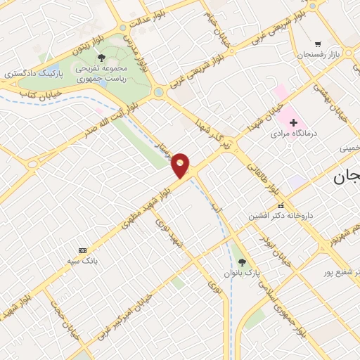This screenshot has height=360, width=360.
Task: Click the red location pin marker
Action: [181, 165]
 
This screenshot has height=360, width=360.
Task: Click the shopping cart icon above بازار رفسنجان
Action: [318, 44]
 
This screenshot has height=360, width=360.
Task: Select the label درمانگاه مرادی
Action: [295, 133]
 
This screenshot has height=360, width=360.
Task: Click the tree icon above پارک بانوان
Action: [243, 262]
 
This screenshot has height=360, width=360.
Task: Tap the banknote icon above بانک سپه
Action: [84, 250]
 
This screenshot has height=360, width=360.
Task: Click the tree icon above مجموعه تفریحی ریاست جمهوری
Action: [102, 58]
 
